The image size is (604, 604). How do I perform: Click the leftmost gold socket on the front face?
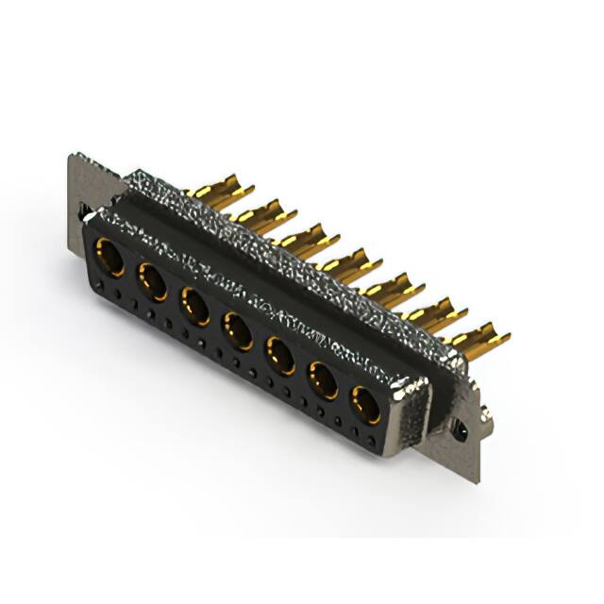point(109,256)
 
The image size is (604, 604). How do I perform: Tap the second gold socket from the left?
point(152,281)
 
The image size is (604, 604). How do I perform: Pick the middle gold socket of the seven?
point(237,331)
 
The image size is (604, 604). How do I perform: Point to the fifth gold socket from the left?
point(279,356)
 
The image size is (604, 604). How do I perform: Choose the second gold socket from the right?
point(323,380)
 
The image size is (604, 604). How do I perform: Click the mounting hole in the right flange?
point(460,430)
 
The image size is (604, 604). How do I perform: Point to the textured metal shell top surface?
point(283,236)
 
